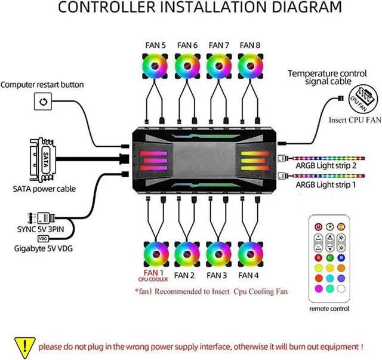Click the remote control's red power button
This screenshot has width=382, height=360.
[318, 227]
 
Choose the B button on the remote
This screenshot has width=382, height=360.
[341, 258]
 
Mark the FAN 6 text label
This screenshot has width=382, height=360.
[187, 45]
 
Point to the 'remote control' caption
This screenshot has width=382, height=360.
[329, 309]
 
